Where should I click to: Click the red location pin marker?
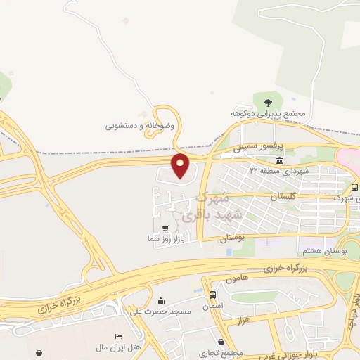(181, 165)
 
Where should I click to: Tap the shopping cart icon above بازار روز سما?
(165, 229)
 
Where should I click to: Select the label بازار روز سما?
(165, 239)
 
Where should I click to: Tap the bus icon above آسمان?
(213, 295)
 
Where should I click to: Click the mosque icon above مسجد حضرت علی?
(161, 300)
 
